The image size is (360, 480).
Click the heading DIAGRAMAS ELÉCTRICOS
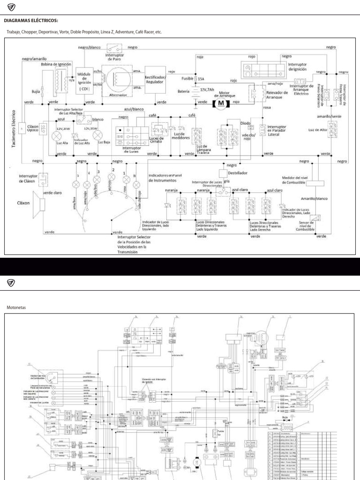tap(31, 20)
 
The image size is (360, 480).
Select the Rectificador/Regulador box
tap(155, 80)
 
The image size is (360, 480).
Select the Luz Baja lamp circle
tap(98, 135)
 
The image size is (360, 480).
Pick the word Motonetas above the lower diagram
tap(16, 307)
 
